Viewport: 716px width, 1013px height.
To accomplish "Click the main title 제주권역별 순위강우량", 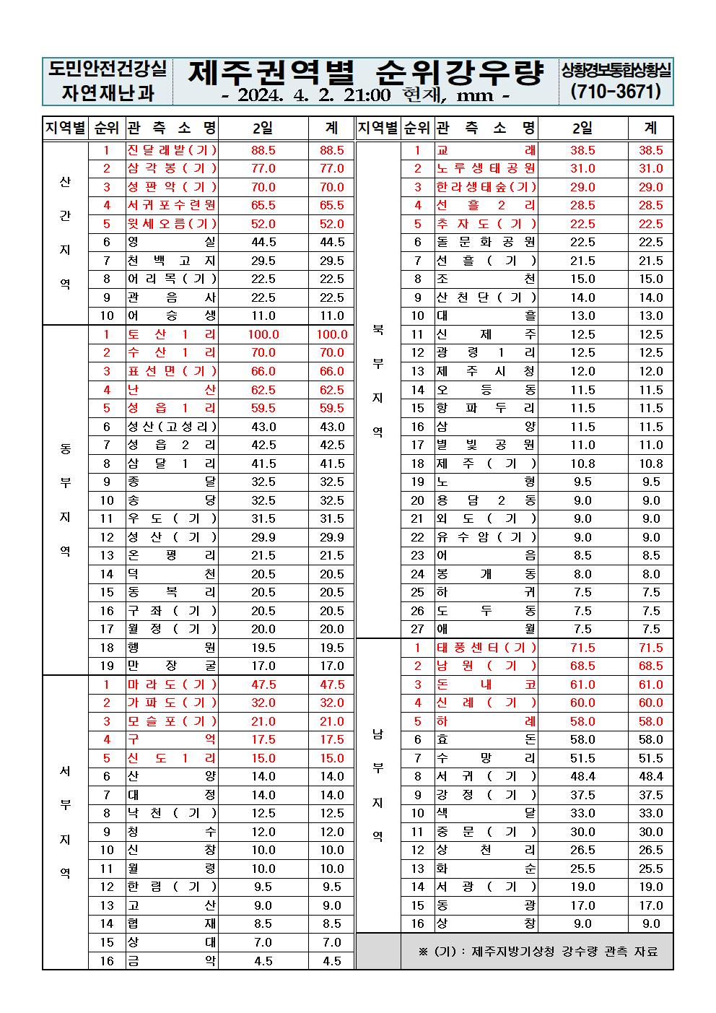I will coord(365,72).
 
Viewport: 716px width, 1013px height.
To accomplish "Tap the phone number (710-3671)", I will coord(616,92).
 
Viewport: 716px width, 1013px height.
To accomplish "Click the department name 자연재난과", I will coord(108,92).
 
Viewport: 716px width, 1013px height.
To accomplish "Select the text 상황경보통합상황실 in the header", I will coord(616,70).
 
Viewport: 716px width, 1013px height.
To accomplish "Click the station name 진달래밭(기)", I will coord(172,150).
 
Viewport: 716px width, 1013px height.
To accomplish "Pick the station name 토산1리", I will coord(172,334).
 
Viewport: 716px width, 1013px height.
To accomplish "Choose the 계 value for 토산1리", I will coord(332,334).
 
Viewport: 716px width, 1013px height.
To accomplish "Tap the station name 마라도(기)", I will coord(172,684).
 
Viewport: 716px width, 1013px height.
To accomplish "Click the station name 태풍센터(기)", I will coord(486,648).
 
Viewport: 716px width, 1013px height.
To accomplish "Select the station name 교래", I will coord(486,150).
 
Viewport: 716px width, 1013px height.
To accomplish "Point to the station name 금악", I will coord(172,961).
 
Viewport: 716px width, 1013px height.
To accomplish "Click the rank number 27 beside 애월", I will coord(417,629).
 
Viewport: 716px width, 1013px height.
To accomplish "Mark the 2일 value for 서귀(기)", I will coord(582,776).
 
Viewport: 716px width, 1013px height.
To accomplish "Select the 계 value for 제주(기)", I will coord(650,464).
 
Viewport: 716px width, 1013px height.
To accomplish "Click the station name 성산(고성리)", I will coord(172,427).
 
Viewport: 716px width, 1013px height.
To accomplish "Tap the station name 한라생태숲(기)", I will coord(486,187).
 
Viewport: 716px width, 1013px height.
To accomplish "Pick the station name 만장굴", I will coord(172,666).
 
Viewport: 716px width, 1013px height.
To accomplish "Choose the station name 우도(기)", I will coord(172,518).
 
